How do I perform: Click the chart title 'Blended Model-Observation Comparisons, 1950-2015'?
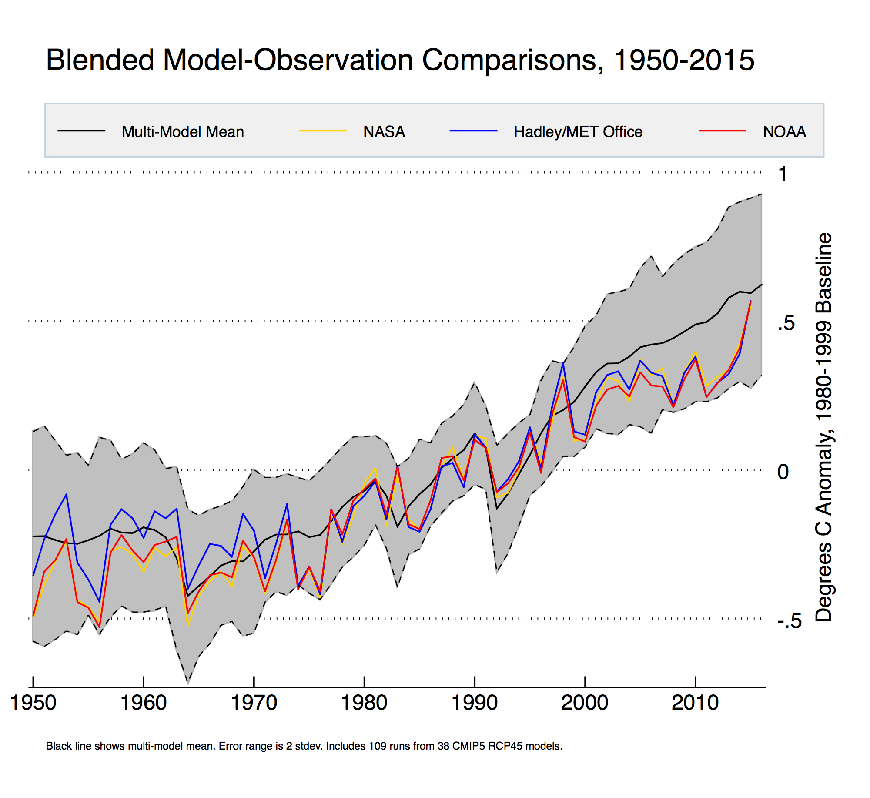(400, 60)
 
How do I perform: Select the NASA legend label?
(384, 131)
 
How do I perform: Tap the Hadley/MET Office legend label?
(578, 131)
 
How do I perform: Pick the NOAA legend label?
(784, 131)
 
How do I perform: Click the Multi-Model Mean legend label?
(183, 131)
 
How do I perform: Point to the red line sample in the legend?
(723, 131)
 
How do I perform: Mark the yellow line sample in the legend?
(323, 131)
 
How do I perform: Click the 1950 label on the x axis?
(33, 703)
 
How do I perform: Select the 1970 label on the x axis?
(254, 703)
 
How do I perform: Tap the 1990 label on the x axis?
(475, 703)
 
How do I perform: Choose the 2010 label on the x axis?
(695, 703)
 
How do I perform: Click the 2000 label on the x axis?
(585, 703)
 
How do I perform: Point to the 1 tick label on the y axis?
(783, 174)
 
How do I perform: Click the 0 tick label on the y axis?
(783, 472)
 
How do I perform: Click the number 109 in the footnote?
(377, 746)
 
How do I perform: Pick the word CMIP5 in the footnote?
(468, 746)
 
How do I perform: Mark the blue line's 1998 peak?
(563, 363)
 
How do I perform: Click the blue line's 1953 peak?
(66, 494)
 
